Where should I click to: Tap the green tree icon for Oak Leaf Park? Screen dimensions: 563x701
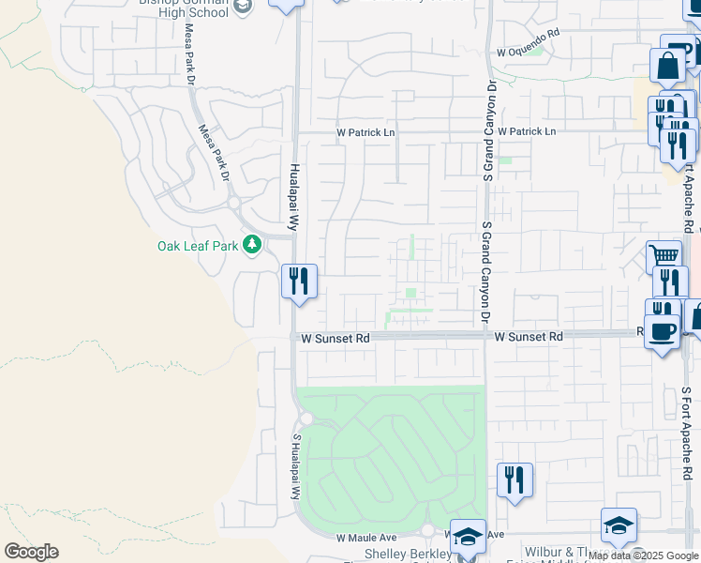coord(251,245)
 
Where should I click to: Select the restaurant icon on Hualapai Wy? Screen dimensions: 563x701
coord(299,281)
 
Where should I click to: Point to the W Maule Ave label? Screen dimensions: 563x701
coord(366,538)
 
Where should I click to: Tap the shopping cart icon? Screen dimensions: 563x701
coord(663,254)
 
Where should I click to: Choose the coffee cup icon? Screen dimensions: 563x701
coord(662,331)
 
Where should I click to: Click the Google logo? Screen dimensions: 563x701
coord(31,552)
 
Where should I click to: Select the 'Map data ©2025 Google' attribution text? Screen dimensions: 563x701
coord(643,555)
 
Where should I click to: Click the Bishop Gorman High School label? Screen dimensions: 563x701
coord(183,8)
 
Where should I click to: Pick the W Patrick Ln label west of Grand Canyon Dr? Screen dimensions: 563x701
coord(365,132)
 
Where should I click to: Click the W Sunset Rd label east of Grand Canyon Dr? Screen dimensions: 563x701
coord(529,336)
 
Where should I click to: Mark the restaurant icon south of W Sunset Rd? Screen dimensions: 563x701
coord(514,479)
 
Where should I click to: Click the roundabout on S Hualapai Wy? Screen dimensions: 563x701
coord(306,418)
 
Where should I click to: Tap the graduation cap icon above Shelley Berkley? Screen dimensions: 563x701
coord(468,536)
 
